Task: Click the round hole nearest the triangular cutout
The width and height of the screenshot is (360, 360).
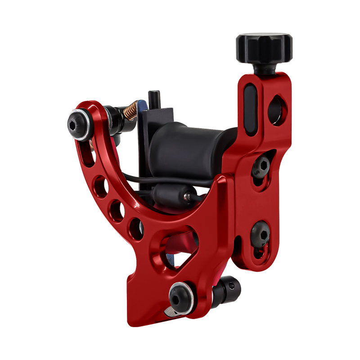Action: (135, 227)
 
